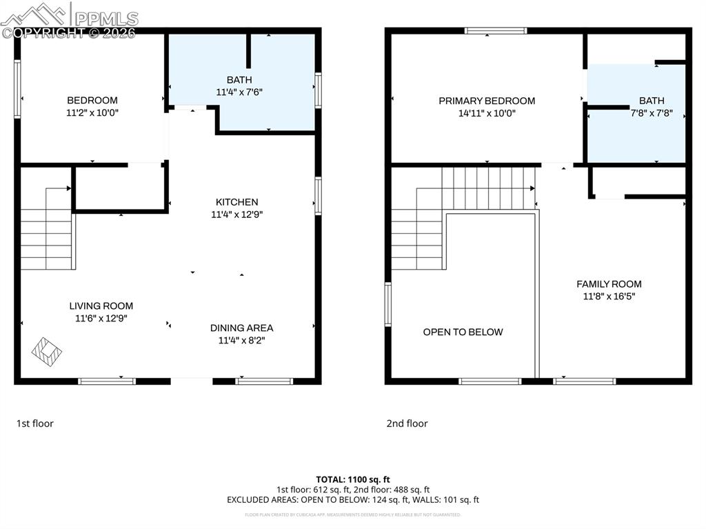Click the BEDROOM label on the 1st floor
tap(92, 100)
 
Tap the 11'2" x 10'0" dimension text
tap(92, 112)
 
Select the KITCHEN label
tap(236, 202)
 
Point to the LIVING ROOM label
tap(101, 306)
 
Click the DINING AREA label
tap(241, 328)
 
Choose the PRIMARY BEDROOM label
tap(487, 101)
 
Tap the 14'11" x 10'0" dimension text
tap(487, 113)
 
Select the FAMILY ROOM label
tap(609, 283)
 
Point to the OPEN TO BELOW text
tap(463, 332)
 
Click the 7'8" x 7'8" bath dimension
tap(652, 113)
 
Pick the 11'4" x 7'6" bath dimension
tap(239, 91)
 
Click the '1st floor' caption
tap(34, 423)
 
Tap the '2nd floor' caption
tap(407, 423)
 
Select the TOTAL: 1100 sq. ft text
tap(353, 479)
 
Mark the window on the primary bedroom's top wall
tap(495, 30)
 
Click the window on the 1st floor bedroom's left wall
tap(17, 89)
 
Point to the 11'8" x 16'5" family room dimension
tap(609, 297)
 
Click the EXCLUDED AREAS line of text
tap(353, 499)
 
